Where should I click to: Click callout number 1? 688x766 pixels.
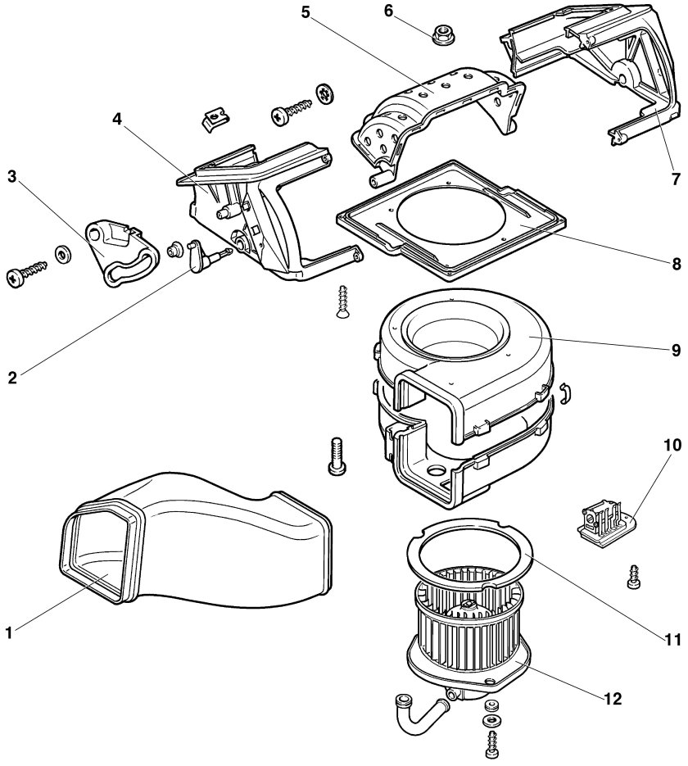(x=8, y=632)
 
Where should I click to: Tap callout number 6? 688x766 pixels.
(x=388, y=11)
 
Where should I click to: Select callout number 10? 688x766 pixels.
(x=672, y=445)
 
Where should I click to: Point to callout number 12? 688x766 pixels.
(x=613, y=699)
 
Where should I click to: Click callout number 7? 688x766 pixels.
(x=675, y=179)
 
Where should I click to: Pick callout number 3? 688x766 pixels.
(x=11, y=176)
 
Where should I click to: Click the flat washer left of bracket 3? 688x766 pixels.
(x=63, y=253)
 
